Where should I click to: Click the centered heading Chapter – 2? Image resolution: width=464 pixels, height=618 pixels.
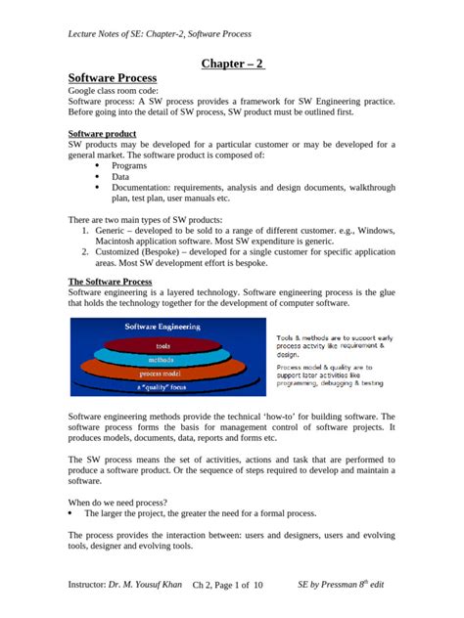(232, 65)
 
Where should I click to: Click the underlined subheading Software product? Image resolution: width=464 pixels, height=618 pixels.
(101, 133)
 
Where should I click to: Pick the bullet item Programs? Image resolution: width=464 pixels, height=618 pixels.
(130, 165)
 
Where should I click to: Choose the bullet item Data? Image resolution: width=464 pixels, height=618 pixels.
(120, 177)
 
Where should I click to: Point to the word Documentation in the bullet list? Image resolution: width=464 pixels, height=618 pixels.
(144, 188)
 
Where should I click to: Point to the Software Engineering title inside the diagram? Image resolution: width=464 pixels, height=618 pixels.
(162, 327)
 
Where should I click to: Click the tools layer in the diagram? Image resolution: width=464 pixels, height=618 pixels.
(162, 345)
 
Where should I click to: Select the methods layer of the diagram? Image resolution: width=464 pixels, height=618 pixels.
(162, 360)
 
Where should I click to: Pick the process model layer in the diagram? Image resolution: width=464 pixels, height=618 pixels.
(162, 374)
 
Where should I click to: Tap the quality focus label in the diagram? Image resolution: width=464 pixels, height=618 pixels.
(162, 387)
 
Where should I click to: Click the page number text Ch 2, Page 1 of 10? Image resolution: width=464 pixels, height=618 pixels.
(228, 586)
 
